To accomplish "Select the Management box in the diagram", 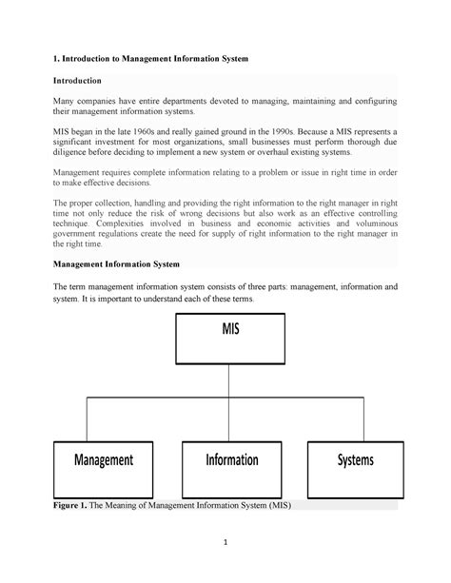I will [x=104, y=460].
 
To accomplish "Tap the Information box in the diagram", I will [x=231, y=460].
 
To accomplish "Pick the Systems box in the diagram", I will [x=354, y=460].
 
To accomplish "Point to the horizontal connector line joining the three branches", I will [x=229, y=399].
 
